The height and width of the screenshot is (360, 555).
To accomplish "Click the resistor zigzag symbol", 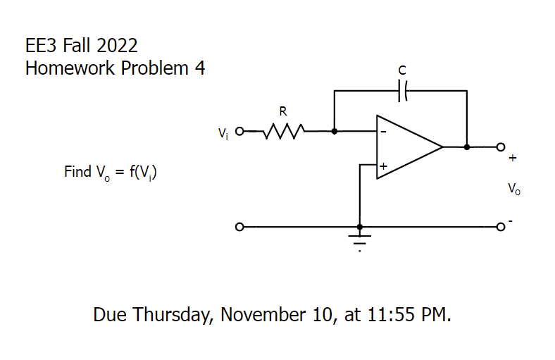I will (283, 131).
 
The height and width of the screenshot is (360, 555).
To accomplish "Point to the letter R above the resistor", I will (282, 111).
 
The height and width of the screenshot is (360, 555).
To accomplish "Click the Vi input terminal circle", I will (239, 131).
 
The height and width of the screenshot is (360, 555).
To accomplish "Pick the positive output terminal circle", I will (501, 147).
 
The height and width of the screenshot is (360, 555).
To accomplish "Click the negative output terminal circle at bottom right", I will (501, 228).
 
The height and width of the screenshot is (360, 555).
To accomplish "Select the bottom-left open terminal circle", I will (239, 228).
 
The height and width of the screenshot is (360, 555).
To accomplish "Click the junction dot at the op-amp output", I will (466, 147).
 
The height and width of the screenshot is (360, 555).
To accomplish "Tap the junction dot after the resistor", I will (334, 131).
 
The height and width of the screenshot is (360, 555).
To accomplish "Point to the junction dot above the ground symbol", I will (360, 228).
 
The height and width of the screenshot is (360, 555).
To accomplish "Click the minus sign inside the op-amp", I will (384, 132).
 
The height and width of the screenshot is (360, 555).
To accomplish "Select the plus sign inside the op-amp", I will (384, 167).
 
